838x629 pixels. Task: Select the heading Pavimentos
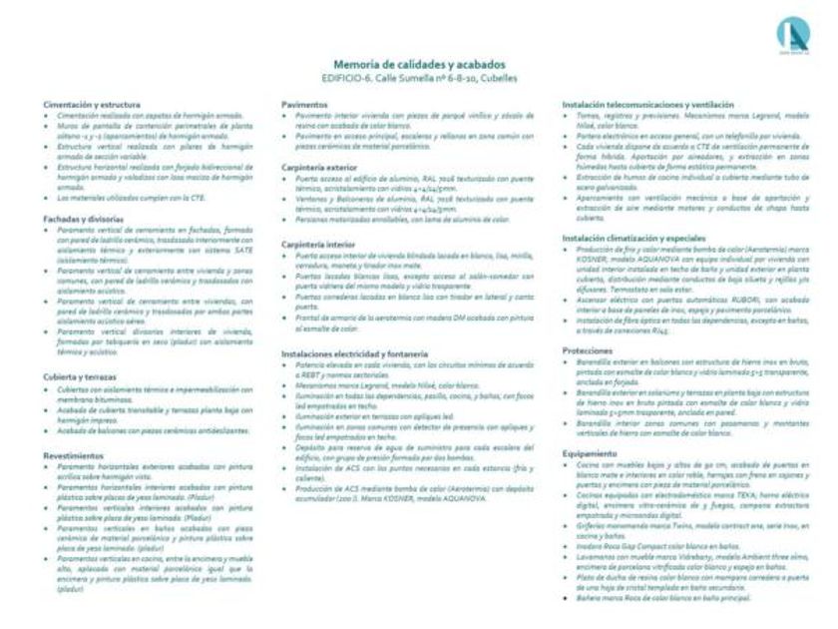pos(305,104)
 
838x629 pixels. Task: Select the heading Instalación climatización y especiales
pos(634,240)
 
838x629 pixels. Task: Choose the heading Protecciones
pos(588,352)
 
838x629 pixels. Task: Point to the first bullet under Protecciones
pos(567,363)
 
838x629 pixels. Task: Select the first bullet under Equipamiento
pos(567,464)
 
